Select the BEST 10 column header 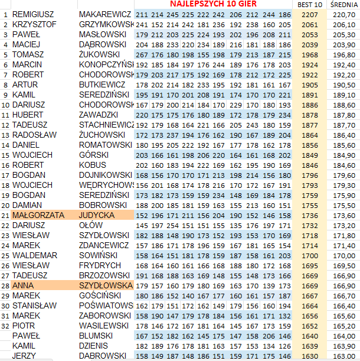[310, 5]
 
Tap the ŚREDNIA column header [344, 5]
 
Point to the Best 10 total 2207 [309, 14]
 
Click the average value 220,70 [345, 14]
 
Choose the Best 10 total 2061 [309, 24]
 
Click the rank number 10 [5, 105]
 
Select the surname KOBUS [93, 165]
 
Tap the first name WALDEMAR [35, 255]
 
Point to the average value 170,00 [345, 255]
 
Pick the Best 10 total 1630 [309, 356]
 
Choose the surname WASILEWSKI [103, 326]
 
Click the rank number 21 [5, 215]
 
